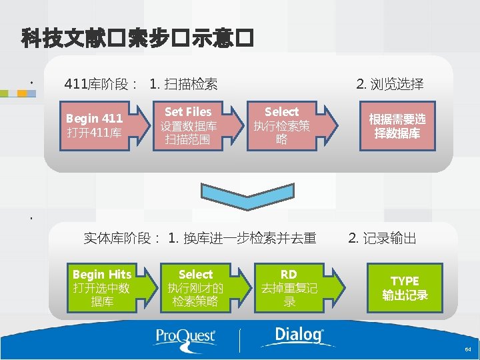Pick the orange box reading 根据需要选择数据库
[x=397, y=125]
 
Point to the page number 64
[x=468, y=349]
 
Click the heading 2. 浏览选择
[x=389, y=84]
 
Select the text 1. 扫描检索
[x=184, y=84]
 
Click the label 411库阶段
[x=100, y=84]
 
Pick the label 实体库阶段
[x=121, y=238]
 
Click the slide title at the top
[x=137, y=38]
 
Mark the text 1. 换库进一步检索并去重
[x=242, y=238]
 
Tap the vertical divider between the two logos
[x=239, y=339]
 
